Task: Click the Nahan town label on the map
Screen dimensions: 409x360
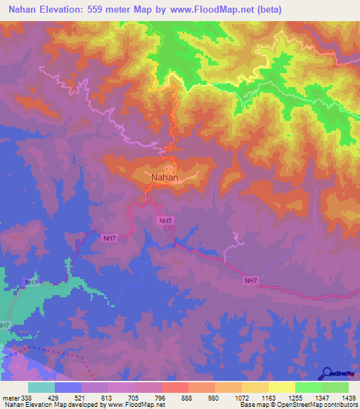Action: [165, 178]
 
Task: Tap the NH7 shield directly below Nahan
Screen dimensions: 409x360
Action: [165, 221]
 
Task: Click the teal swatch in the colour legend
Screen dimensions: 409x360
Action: [41, 388]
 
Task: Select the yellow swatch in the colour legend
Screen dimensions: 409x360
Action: [281, 388]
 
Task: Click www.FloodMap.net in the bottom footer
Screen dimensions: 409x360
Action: [137, 405]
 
